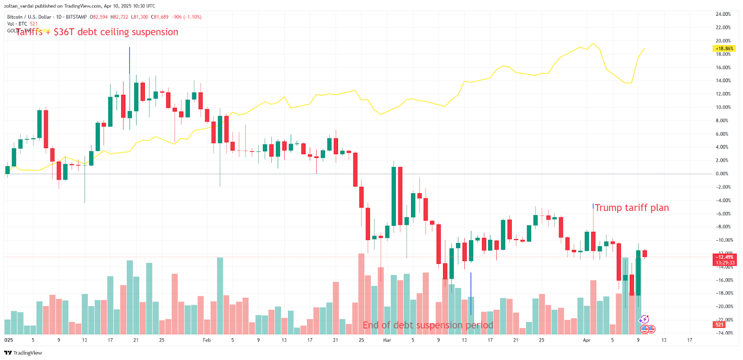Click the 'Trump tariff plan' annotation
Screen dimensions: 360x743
coord(632,208)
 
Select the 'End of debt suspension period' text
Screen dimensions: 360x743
coord(428,325)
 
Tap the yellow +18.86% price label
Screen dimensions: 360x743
coord(724,48)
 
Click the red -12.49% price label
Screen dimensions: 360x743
coord(724,257)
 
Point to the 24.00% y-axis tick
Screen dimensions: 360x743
coord(723,14)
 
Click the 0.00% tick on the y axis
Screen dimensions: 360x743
coord(722,174)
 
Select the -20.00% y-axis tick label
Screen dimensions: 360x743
coord(723,307)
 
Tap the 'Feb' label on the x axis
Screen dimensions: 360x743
coord(207,340)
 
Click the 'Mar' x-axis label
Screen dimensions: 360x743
coord(387,340)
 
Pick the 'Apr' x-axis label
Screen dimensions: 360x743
coord(587,340)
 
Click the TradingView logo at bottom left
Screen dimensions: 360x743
coord(23,353)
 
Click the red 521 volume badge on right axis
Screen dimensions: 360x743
coord(719,325)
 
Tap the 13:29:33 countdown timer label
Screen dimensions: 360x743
coord(724,263)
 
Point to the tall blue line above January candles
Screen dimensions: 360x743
coord(130,60)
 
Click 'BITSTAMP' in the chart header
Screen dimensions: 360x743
coord(76,17)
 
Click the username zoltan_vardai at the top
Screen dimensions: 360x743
coord(19,6)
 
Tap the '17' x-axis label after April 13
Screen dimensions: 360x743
coord(690,340)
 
